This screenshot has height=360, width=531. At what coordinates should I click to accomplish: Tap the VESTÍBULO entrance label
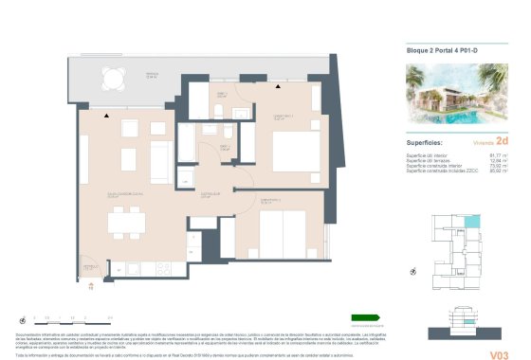pyautogui.click(x=89, y=268)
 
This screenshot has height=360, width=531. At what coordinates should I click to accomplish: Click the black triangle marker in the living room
pyautogui.click(x=109, y=116)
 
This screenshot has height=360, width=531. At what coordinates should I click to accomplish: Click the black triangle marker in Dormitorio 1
pyautogui.click(x=277, y=87)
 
